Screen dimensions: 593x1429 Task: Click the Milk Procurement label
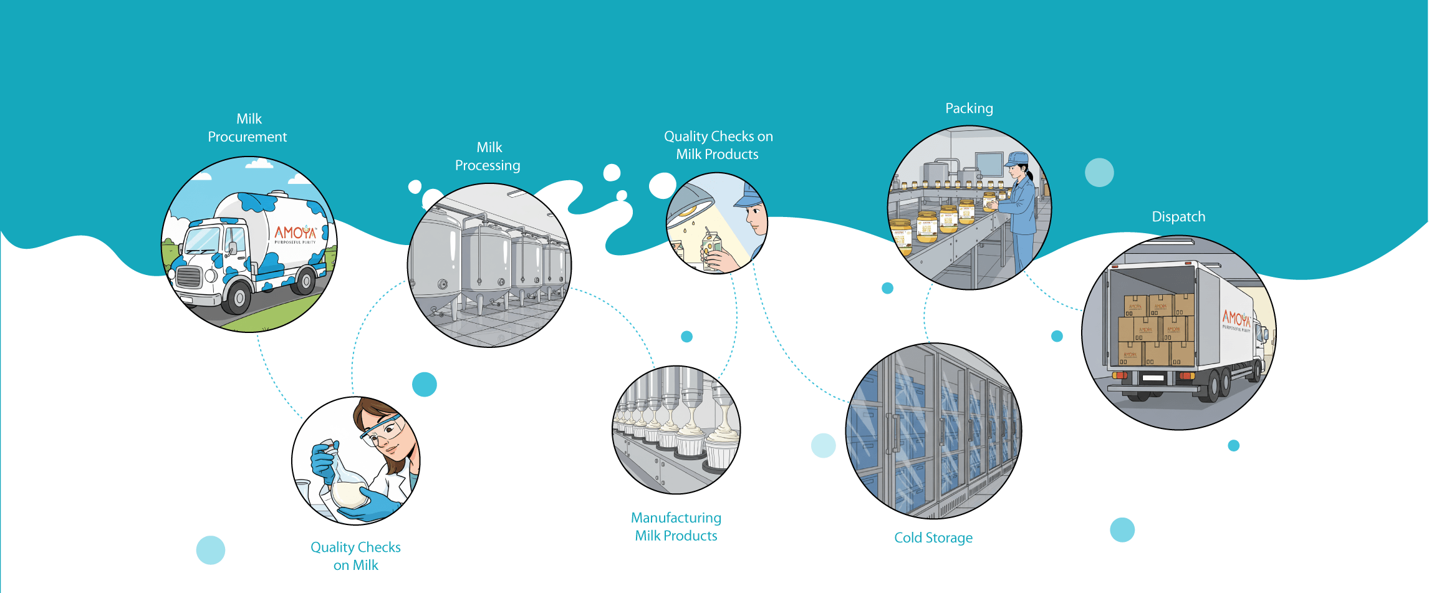click(248, 128)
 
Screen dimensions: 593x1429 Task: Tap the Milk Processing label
click(488, 157)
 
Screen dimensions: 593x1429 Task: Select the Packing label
click(969, 108)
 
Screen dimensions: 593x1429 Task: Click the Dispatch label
click(1178, 217)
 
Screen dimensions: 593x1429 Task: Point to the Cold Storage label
click(933, 538)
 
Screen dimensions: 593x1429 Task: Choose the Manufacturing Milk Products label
click(676, 527)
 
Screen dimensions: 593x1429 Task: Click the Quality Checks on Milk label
click(355, 556)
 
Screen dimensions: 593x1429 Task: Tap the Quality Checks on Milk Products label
click(718, 145)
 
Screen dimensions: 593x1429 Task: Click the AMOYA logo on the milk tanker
click(296, 234)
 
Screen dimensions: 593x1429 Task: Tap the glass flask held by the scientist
click(347, 486)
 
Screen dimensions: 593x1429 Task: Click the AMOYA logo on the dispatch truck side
click(1236, 319)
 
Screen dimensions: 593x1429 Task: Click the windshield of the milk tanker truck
click(202, 241)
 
